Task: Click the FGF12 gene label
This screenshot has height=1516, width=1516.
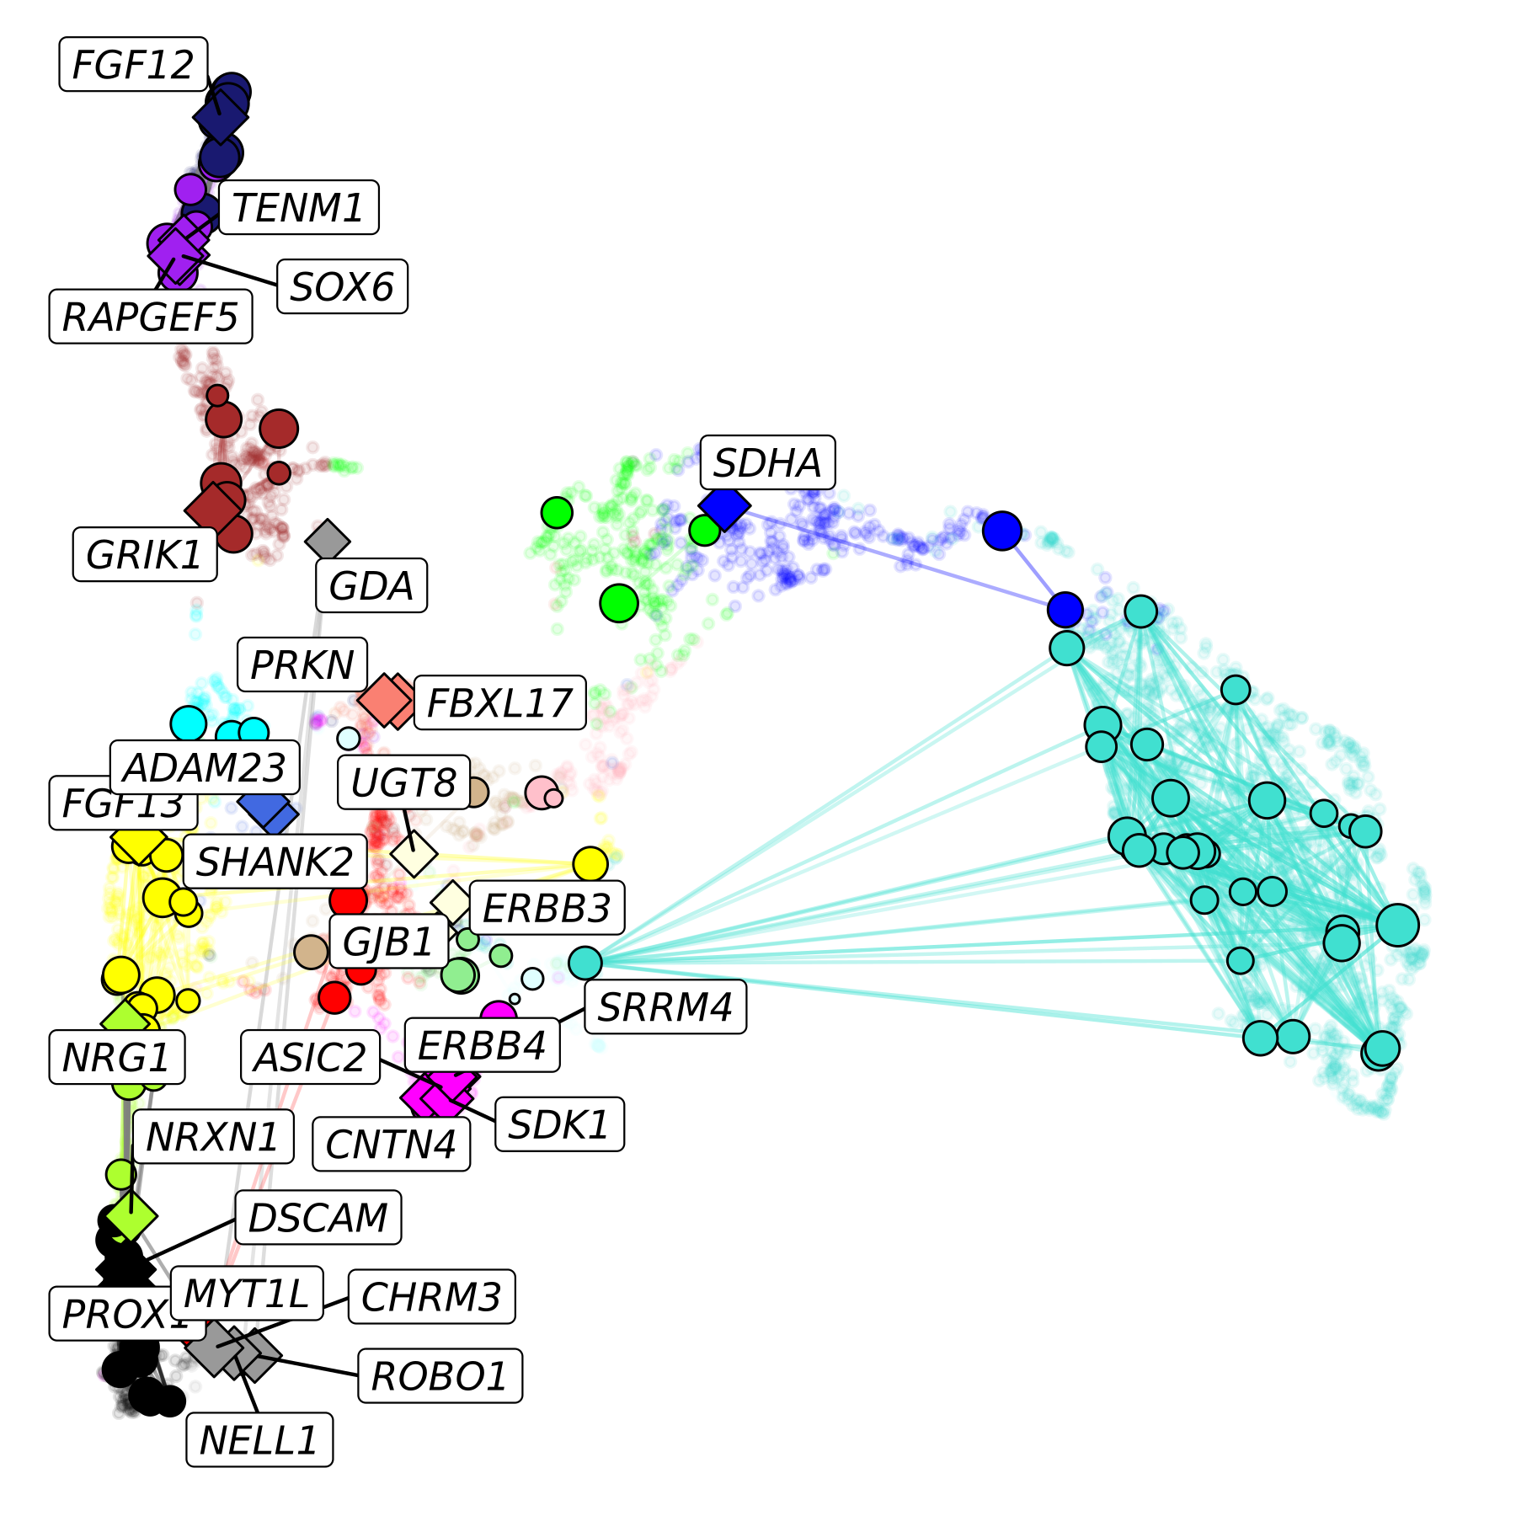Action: click(x=133, y=65)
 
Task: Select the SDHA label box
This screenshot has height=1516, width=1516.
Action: click(x=767, y=462)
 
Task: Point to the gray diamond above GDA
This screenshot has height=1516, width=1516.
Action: click(x=328, y=540)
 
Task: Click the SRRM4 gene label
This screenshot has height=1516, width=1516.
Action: click(x=665, y=1006)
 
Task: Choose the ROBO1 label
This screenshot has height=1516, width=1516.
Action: click(x=440, y=1376)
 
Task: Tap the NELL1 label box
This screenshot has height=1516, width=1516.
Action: click(x=259, y=1440)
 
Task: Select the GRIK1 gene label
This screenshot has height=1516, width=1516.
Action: click(x=145, y=554)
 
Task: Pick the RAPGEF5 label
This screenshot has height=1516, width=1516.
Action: click(x=151, y=317)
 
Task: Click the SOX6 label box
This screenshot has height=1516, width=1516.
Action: click(x=342, y=286)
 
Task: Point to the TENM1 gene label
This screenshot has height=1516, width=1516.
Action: click(x=298, y=207)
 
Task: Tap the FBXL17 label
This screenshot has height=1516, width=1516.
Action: click(x=499, y=702)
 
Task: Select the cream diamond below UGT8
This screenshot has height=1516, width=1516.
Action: click(x=414, y=855)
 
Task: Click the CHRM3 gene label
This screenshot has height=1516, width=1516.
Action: click(x=431, y=1297)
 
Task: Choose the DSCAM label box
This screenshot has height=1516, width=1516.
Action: click(x=318, y=1217)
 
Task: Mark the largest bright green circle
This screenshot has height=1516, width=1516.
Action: click(x=619, y=603)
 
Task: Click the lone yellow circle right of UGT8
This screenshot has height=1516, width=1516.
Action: click(x=590, y=863)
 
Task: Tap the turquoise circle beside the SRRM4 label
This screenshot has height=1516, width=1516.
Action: click(x=585, y=962)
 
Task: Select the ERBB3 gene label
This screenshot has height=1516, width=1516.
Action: click(x=546, y=908)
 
